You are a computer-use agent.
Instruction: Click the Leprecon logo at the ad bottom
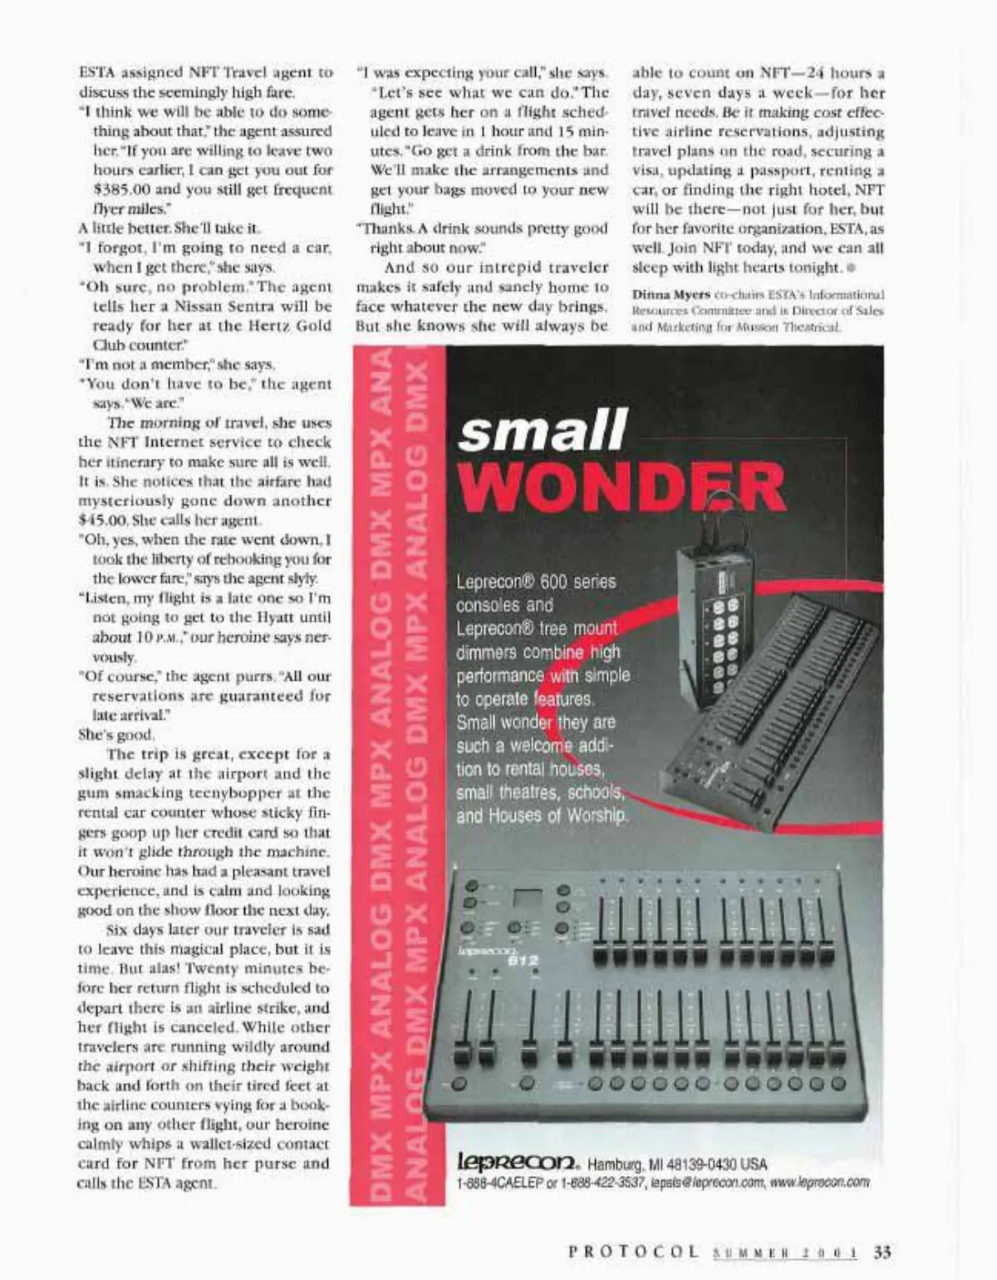pyautogui.click(x=514, y=1163)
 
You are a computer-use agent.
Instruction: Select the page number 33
pyautogui.click(x=882, y=1251)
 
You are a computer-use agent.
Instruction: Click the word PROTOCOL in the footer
pyautogui.click(x=634, y=1252)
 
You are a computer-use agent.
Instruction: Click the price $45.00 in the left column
pyautogui.click(x=102, y=520)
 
